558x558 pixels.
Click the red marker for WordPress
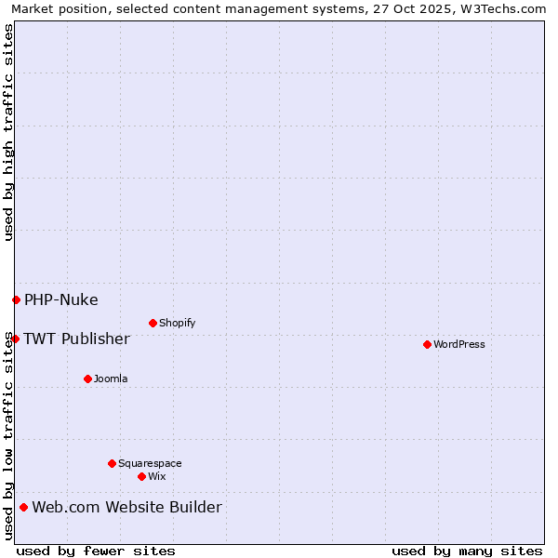[x=427, y=344]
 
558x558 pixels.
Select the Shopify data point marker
[x=153, y=323]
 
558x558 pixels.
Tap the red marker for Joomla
[x=87, y=379]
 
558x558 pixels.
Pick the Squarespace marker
[x=112, y=463]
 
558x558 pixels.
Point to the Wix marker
[x=141, y=476]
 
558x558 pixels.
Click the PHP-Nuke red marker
[x=16, y=299]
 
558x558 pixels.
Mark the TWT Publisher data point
[x=15, y=339]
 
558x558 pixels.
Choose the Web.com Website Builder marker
[x=23, y=507]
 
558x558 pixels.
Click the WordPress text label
[x=459, y=344]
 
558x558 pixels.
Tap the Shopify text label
[x=177, y=323]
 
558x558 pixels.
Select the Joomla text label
[x=111, y=379]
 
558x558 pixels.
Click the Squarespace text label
[x=150, y=463]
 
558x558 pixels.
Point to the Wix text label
[x=156, y=476]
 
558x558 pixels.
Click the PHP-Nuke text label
[x=61, y=299]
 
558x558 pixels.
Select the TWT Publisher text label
[x=76, y=339]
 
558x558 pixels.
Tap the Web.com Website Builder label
[x=127, y=507]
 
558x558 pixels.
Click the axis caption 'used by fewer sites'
[x=96, y=551]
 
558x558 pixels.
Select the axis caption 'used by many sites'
[x=467, y=551]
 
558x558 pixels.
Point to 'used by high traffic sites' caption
[x=8, y=132]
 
